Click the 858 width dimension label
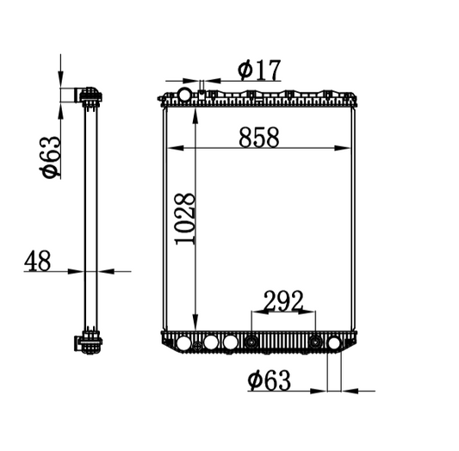tap(259, 137)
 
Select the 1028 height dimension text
tap(184, 219)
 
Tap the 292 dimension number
tap(283, 300)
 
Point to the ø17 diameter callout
tap(259, 70)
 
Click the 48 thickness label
tap(37, 261)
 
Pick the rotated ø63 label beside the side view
tap(51, 157)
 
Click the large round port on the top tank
tap(185, 95)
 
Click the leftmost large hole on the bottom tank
tap(183, 343)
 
